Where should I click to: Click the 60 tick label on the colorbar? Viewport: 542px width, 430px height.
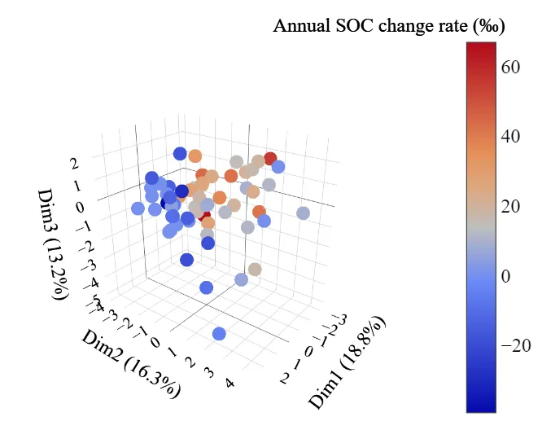click(511, 68)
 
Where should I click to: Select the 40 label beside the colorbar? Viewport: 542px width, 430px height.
click(511, 137)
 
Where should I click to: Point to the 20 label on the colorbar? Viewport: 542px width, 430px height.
click(511, 207)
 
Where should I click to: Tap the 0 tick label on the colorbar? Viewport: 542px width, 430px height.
click(506, 277)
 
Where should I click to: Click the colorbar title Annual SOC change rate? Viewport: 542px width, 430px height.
click(389, 26)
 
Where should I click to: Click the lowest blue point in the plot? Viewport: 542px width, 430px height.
click(219, 334)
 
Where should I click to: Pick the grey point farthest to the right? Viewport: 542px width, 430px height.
click(304, 213)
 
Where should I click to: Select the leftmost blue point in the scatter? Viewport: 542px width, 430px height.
click(138, 208)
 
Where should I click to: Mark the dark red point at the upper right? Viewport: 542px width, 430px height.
click(270, 158)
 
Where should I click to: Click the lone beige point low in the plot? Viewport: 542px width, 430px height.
click(255, 270)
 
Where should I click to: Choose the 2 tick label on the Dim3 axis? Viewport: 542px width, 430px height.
click(75, 163)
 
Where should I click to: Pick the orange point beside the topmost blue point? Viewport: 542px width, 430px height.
click(195, 156)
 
